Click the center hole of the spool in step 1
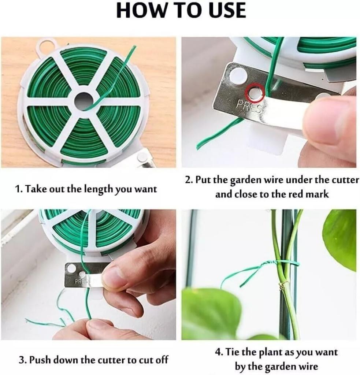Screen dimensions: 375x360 tap(84, 100)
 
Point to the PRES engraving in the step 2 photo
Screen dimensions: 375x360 tap(248, 107)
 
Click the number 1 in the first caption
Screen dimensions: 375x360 tap(17, 189)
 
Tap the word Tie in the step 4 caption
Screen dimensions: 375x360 tap(233, 352)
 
